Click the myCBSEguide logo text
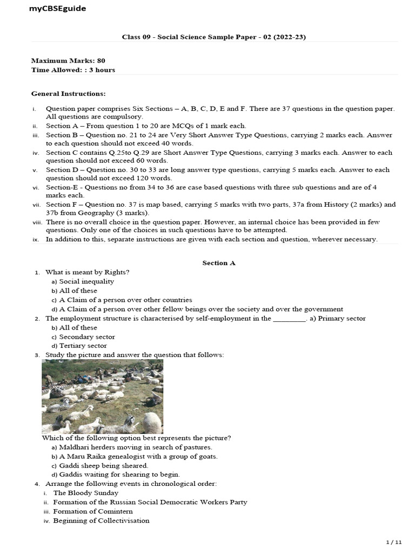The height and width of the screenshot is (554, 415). point(57,9)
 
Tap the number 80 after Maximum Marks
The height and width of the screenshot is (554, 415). point(101,61)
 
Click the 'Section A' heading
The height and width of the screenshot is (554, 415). point(219,263)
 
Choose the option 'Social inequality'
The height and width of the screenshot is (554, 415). point(86,281)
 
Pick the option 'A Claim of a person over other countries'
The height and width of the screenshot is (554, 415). point(125,300)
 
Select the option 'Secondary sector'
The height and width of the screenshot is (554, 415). point(87,337)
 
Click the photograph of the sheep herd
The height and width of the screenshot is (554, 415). point(102,397)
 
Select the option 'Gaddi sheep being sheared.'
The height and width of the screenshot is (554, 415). point(103,465)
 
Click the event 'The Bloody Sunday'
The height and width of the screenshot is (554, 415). point(86,493)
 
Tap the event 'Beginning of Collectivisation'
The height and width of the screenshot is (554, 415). point(101,520)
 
